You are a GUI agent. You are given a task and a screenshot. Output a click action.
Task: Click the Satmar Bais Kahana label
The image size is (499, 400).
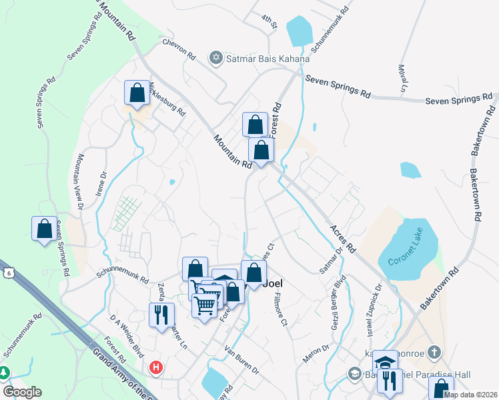coord(268,59)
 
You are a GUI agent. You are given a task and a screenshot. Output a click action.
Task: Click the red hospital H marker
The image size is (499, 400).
coord(156,367)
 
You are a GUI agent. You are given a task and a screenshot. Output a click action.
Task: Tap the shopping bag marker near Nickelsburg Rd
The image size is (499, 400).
coord(137,93)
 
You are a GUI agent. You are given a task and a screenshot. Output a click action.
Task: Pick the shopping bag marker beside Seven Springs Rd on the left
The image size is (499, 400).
coord(44,228)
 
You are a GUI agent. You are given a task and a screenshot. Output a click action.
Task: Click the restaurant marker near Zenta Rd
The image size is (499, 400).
coord(161,315)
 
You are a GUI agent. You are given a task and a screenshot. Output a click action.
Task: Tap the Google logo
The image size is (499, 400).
coord(22,391)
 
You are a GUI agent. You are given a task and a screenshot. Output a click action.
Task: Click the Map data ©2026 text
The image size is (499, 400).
coord(470,395)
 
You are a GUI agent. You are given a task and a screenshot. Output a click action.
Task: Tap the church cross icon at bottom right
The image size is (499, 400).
coord(434,352)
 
